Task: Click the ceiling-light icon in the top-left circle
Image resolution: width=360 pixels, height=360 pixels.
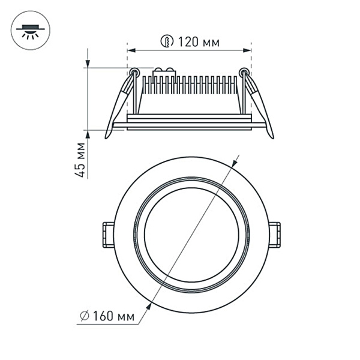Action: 31,30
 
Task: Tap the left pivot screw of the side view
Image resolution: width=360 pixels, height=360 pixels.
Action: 134,73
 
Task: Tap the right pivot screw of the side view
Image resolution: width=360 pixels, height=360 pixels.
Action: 244,73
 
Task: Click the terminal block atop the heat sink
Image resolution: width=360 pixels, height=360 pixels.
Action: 164,72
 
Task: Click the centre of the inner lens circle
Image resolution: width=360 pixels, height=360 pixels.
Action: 191,235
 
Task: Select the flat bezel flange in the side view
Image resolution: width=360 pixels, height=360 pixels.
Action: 189,125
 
